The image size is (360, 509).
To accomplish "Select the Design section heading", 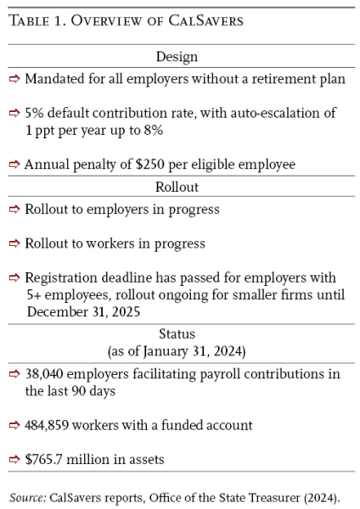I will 177,58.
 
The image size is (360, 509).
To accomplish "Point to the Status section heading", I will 177,334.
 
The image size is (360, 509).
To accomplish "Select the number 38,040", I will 48,375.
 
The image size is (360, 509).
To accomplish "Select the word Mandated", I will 55,79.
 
